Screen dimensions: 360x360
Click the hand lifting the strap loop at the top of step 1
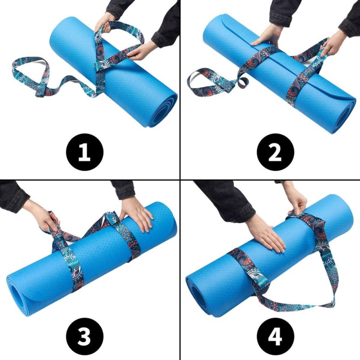pyautogui.click(x=104, y=20)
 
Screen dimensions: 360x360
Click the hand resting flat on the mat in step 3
pyautogui.click(x=137, y=211)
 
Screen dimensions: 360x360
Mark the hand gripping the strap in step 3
pyautogui.click(x=47, y=220)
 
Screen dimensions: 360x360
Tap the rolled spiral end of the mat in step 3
pyautogui.click(x=18, y=290)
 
